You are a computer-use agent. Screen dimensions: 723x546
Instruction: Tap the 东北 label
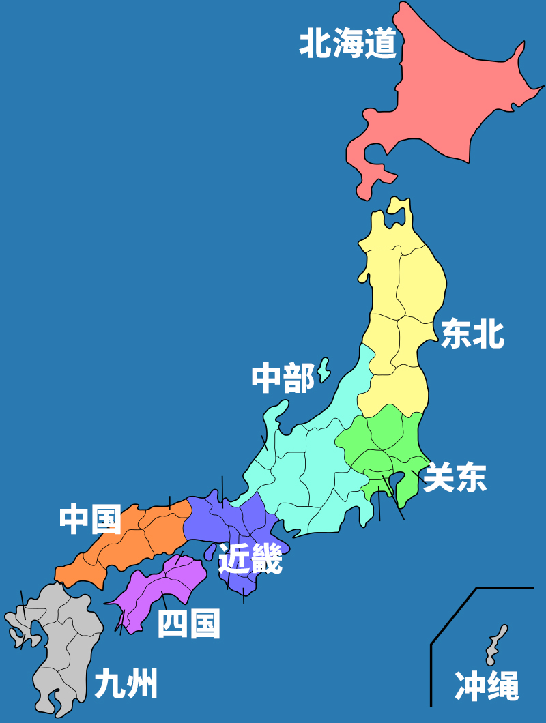472,334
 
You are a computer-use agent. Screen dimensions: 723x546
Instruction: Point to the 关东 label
455,477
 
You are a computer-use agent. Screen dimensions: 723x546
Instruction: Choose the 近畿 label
250,560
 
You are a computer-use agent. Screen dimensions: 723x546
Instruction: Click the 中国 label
90,520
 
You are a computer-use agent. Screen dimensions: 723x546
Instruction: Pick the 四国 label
189,624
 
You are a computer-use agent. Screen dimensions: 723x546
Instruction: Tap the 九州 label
126,683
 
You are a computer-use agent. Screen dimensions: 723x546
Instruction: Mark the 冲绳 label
487,686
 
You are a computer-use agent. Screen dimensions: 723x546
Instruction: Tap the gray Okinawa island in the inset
495,645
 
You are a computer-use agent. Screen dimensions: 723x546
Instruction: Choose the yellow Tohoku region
403,300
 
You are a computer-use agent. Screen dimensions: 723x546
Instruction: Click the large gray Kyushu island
65,641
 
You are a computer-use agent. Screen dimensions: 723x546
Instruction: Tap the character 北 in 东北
489,334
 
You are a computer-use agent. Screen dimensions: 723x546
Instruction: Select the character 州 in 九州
142,683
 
